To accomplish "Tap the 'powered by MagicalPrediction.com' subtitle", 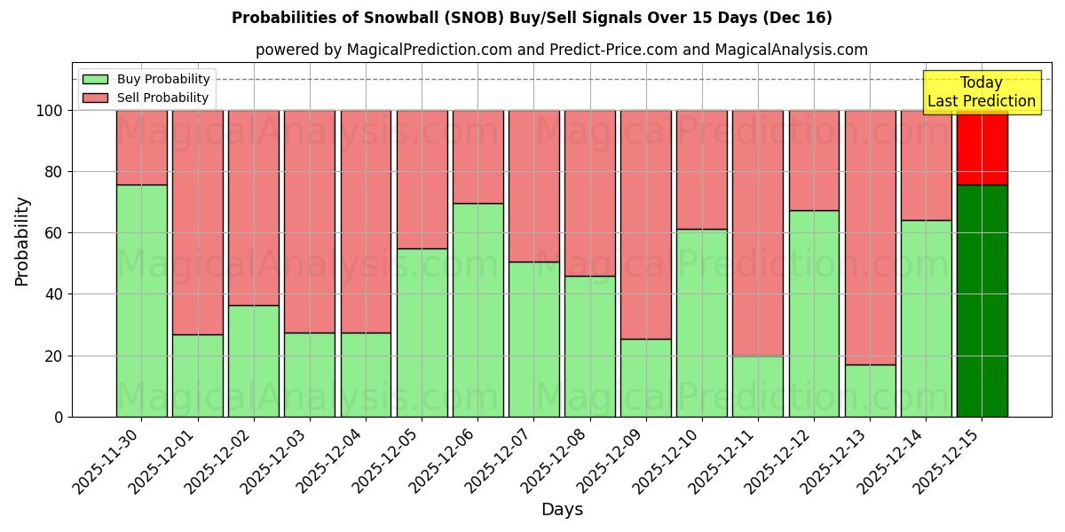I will pyautogui.click(x=561, y=50).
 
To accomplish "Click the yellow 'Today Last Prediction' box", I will pyautogui.click(x=981, y=92).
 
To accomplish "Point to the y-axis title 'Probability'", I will pyautogui.click(x=22, y=240).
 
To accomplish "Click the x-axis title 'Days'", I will pyautogui.click(x=562, y=510).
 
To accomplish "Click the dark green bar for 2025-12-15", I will pyautogui.click(x=982, y=301).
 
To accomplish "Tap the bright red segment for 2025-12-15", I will pyautogui.click(x=982, y=147).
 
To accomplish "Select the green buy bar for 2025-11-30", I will pyautogui.click(x=141, y=301).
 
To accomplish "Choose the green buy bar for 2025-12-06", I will pyautogui.click(x=477, y=309).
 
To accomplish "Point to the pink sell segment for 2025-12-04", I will pyautogui.click(x=366, y=222).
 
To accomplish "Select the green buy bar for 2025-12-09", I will pyautogui.click(x=645, y=378).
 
